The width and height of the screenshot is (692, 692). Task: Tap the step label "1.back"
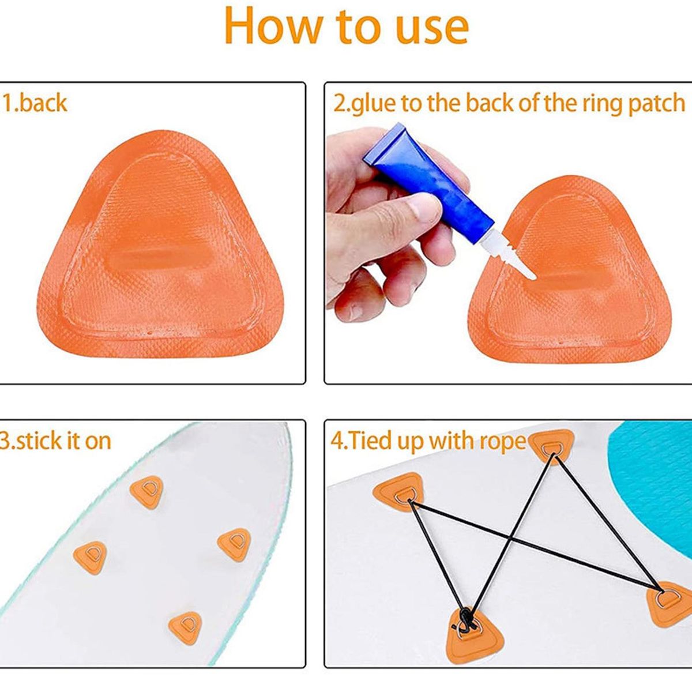35,103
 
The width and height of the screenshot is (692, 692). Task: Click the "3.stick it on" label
56,441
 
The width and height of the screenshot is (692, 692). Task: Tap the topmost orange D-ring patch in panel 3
147,491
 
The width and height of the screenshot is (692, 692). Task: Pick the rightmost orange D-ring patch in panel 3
234,544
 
